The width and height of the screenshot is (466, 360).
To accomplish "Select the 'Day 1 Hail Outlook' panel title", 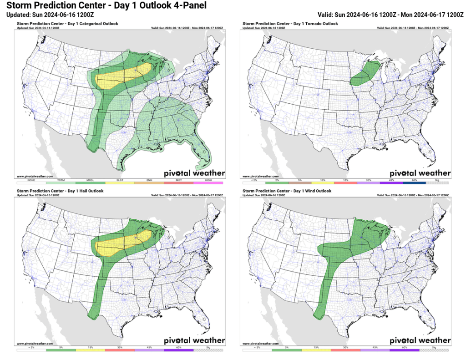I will coord(60,191).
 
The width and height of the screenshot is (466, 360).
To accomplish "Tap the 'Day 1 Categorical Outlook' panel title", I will coord(67,24).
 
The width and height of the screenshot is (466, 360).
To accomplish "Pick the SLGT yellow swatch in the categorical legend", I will coord(120,183).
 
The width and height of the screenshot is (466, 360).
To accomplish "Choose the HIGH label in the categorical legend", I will coord(208,180).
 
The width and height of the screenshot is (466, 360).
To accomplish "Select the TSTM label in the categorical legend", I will coord(61,180).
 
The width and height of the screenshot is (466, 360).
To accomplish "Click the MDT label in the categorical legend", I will coord(179,180).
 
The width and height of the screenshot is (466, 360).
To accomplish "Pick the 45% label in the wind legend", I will coord(375,347).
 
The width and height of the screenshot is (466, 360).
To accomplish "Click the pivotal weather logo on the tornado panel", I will coord(420,173).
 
